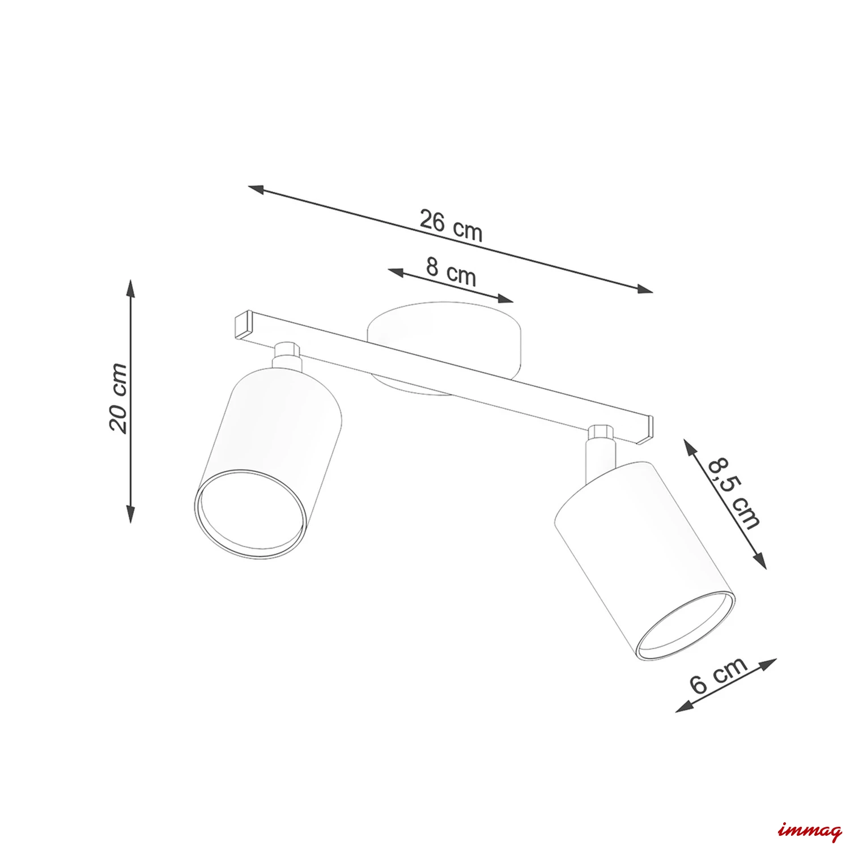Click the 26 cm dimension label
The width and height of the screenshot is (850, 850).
click(x=451, y=226)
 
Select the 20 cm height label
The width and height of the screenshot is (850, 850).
click(x=119, y=398)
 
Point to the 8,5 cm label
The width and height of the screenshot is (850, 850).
click(x=732, y=492)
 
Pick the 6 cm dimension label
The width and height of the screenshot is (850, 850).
click(x=719, y=676)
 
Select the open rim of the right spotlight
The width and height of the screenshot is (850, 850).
click(x=685, y=626)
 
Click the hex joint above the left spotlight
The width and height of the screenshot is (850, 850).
click(x=286, y=351)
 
